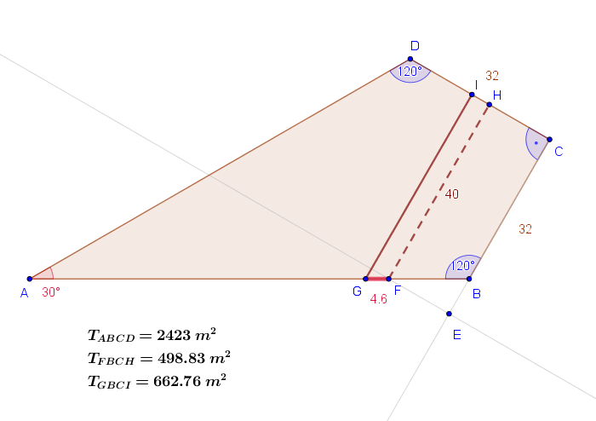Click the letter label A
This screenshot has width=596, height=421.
(x=24, y=293)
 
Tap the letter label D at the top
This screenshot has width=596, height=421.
(x=415, y=46)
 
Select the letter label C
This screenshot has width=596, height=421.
(x=559, y=152)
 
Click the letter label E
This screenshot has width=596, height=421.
(x=456, y=334)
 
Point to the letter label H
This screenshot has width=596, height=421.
(x=497, y=95)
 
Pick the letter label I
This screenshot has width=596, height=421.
(x=476, y=84)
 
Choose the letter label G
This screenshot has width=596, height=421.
(x=357, y=291)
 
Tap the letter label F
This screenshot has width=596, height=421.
(x=397, y=291)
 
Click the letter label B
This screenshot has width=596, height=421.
(x=477, y=293)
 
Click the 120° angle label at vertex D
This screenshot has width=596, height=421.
(x=410, y=72)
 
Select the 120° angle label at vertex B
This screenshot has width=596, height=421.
(x=462, y=265)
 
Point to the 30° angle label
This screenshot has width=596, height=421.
(x=50, y=291)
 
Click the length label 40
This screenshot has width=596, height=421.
(x=451, y=193)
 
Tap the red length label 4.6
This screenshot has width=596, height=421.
(x=378, y=298)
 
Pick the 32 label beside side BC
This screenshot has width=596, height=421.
(x=524, y=228)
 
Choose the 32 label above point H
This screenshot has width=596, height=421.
(x=492, y=75)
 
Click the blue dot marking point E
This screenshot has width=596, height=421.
(x=449, y=314)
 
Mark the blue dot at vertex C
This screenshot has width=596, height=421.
(x=549, y=140)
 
